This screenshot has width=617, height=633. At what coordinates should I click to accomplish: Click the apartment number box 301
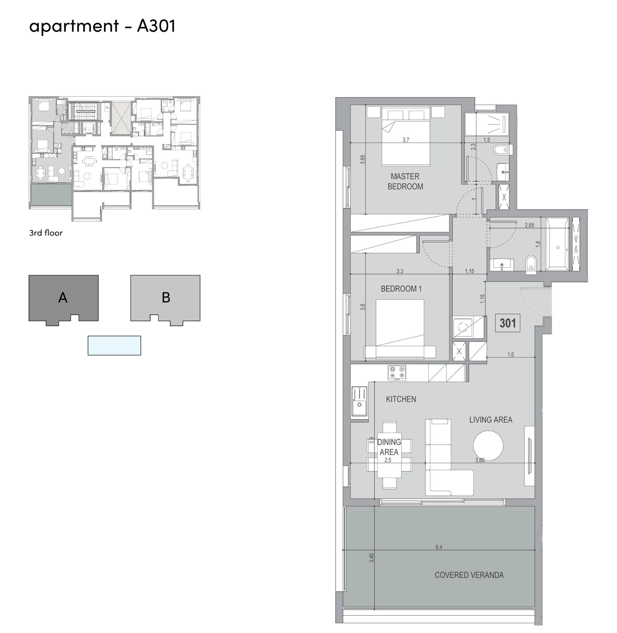[x=507, y=323]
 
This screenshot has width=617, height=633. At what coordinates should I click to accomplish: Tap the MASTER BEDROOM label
[x=405, y=181]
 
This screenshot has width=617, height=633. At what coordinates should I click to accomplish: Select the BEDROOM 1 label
[x=401, y=289]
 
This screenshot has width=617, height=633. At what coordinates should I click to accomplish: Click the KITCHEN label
[x=401, y=399]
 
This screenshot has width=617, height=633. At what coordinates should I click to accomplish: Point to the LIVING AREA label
[x=491, y=420]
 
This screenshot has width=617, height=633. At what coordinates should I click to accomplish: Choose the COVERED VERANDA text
[x=469, y=575]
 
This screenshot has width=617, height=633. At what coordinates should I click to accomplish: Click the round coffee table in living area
[x=488, y=446]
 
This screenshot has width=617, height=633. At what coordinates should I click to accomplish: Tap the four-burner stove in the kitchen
[x=397, y=373]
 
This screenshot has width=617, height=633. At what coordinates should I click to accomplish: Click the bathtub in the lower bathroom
[x=557, y=244]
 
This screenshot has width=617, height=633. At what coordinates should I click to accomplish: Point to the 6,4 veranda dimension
[x=439, y=547]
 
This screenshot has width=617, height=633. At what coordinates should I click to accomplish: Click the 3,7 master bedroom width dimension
[x=406, y=140]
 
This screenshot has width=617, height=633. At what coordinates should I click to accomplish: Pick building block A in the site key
[x=63, y=298]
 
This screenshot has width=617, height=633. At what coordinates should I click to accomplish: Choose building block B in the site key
[x=165, y=298]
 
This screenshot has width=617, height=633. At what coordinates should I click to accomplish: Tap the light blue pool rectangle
[x=114, y=346]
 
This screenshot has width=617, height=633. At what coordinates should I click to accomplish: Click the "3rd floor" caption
[x=46, y=233]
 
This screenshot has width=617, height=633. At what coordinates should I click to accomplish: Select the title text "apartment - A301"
[x=102, y=26]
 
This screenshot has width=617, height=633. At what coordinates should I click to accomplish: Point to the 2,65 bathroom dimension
[x=529, y=225]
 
